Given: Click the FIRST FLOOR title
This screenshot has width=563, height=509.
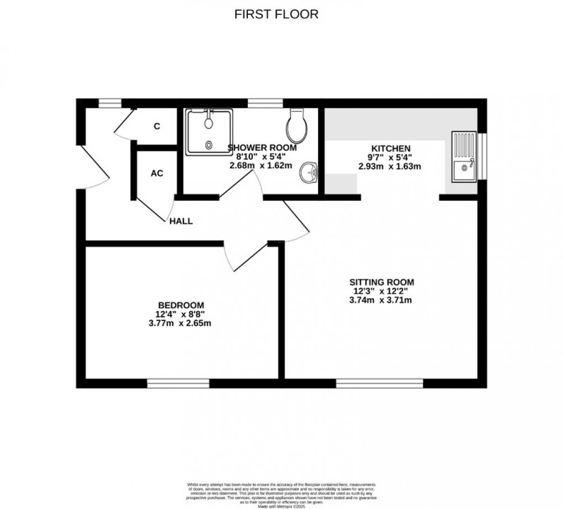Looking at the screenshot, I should click(x=277, y=14).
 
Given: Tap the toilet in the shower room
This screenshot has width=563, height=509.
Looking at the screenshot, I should click(x=297, y=126).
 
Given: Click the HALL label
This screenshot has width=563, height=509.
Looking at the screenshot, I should click(x=181, y=221).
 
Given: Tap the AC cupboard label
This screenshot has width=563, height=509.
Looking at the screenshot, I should click(x=157, y=173).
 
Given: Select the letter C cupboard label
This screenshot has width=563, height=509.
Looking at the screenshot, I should click(x=157, y=126).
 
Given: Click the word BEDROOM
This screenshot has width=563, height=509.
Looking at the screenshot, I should click(x=181, y=305).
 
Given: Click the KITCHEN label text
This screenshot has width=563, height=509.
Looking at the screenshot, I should click(x=390, y=148).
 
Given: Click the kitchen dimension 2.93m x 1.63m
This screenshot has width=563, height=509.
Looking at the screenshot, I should click(x=390, y=166).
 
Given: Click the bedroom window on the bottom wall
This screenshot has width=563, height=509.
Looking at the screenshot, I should click(x=178, y=383).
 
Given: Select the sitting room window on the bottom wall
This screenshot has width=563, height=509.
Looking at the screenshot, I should click(x=380, y=383).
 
